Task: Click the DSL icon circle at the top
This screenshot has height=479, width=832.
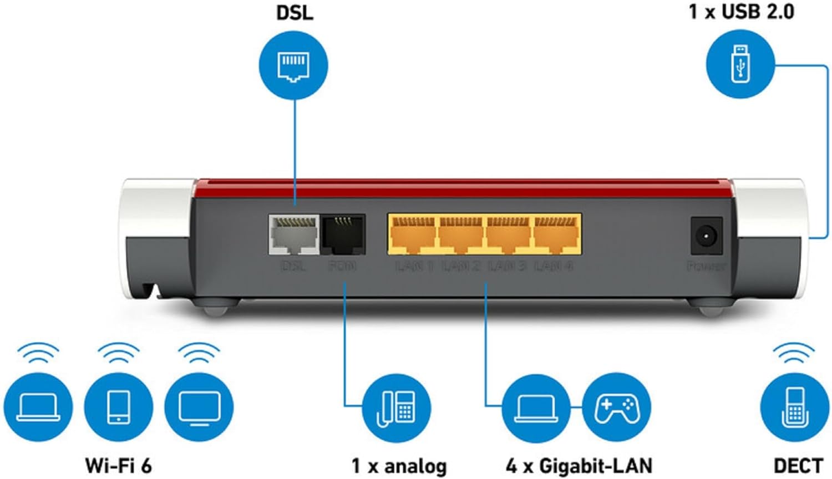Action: coord(293,65)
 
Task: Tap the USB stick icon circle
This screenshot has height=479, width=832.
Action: coord(740,64)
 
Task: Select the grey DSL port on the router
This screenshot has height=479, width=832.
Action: coord(293,235)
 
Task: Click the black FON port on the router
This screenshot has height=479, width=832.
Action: coord(343,235)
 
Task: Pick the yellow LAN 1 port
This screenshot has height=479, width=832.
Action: coord(412,235)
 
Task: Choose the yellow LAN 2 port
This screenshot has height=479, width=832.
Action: coord(460,235)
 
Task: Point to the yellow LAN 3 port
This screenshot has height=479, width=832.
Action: coord(508,235)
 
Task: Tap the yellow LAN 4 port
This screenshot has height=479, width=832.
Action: coord(556,235)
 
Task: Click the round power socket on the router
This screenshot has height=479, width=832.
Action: coord(706,236)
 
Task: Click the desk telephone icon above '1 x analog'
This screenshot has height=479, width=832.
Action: coord(396,409)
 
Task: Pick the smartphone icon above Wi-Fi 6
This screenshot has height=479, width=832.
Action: coord(118,407)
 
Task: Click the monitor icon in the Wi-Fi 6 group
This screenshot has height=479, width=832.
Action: coord(199,407)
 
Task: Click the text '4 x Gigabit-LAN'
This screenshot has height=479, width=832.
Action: coord(579,466)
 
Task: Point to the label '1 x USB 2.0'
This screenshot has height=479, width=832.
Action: coord(741,12)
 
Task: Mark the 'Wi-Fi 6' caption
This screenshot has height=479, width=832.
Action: coord(118,466)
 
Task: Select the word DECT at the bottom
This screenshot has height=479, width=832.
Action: coord(798,466)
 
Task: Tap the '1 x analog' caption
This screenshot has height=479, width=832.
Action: coord(399,466)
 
